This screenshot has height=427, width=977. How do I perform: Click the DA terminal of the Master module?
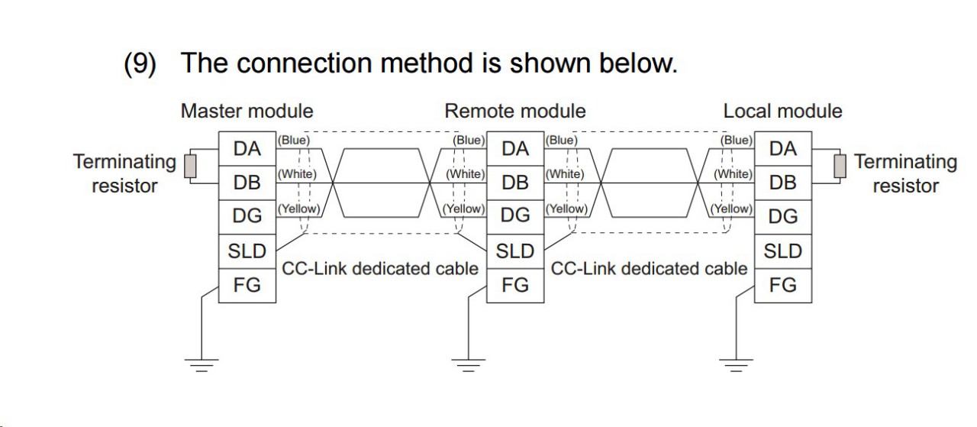247,148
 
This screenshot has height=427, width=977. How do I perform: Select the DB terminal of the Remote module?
515,183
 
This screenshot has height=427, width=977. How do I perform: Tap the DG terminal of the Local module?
782,216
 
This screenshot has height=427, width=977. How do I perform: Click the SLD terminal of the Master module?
247,251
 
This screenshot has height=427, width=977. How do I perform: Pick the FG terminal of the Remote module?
515,285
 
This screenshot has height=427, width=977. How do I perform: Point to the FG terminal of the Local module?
782,285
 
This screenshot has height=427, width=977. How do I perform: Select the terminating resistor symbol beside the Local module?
840,166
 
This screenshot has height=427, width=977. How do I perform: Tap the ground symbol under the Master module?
201,364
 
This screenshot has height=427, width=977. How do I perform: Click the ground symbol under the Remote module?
468,364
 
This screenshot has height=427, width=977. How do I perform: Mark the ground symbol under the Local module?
736,364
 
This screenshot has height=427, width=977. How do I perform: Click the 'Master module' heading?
247,111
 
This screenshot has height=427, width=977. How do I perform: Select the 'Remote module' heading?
515,111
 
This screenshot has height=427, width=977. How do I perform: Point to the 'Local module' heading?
782,111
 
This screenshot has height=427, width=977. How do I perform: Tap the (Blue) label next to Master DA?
293,140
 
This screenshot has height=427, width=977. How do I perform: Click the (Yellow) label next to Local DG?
731,208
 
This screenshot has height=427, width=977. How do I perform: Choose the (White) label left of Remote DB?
465,174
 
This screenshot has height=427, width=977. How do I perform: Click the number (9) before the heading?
140,63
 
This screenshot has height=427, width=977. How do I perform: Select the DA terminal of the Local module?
782,148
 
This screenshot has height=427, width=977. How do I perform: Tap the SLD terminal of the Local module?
782,251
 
